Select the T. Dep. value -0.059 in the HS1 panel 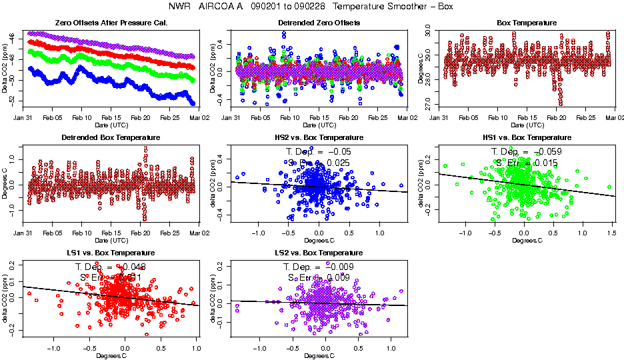pyautogui.click(x=546, y=152)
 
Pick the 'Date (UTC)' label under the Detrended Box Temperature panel pyautogui.click(x=111, y=240)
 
